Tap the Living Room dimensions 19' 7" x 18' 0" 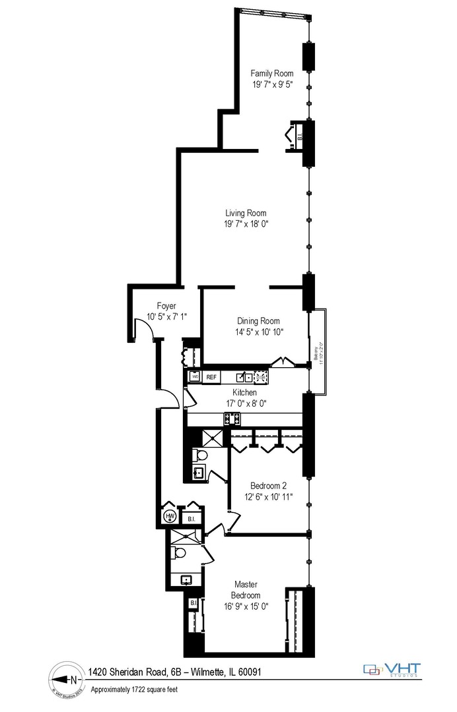tap(246, 224)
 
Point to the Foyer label tap(166, 305)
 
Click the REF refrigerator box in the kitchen tap(211, 377)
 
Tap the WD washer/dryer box tap(195, 377)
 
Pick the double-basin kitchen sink tap(244, 377)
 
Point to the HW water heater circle tap(170, 516)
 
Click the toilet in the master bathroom tap(178, 553)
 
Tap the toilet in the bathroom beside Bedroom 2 tap(200, 455)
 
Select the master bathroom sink tap(187, 580)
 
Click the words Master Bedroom tap(246, 590)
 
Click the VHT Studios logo tap(393, 669)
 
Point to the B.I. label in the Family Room tap(299, 137)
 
